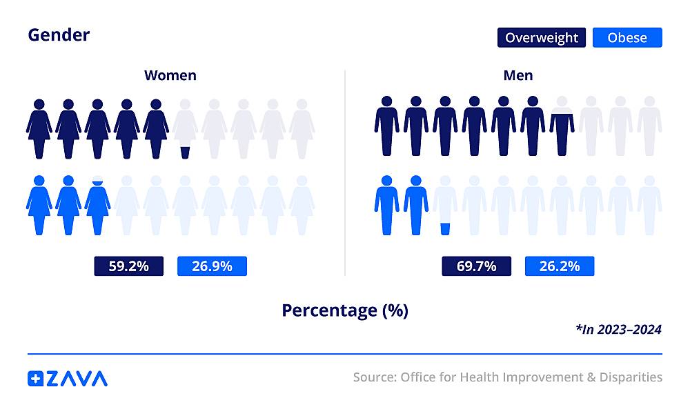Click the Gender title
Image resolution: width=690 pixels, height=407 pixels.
pyautogui.click(x=59, y=34)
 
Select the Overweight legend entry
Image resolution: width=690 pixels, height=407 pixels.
pyautogui.click(x=542, y=37)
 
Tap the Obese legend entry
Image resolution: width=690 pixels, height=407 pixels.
pyautogui.click(x=627, y=37)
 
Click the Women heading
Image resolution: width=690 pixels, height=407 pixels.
pyautogui.click(x=170, y=75)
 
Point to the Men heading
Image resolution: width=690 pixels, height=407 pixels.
pyautogui.click(x=517, y=75)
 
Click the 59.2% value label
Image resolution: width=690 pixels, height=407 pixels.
pyautogui.click(x=129, y=266)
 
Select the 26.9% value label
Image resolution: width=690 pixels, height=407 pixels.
pyautogui.click(x=212, y=266)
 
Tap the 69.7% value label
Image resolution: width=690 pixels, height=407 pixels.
pyautogui.click(x=477, y=266)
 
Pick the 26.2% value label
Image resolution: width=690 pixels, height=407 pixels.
pyautogui.click(x=560, y=266)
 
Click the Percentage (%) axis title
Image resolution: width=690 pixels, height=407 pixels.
pyautogui.click(x=345, y=310)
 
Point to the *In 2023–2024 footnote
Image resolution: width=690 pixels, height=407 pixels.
pyautogui.click(x=618, y=330)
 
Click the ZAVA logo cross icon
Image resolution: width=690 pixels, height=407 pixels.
pyautogui.click(x=35, y=378)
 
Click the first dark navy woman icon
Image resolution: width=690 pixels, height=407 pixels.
pyautogui.click(x=39, y=130)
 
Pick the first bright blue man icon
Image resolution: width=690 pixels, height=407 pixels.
pyautogui.click(x=387, y=206)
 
